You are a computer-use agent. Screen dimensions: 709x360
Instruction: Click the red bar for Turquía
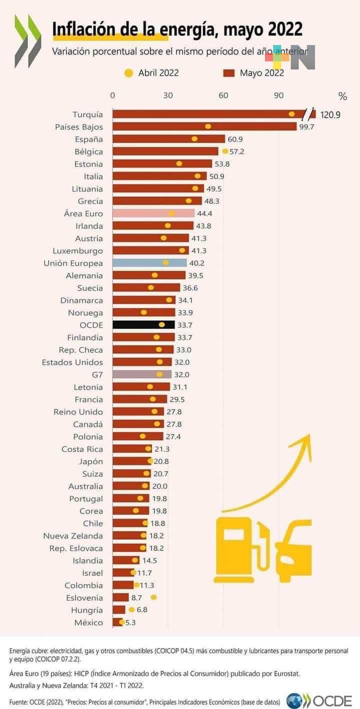point(205,114)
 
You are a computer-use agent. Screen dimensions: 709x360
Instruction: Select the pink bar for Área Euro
point(153,213)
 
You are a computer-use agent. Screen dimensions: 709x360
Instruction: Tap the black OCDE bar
point(143,325)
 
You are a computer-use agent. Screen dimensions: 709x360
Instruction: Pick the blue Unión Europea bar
point(149,263)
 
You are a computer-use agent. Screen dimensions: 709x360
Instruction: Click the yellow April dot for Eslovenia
point(153,597)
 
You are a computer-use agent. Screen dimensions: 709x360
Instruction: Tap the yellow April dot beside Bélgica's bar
point(225,151)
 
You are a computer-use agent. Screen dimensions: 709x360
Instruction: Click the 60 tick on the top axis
point(223,96)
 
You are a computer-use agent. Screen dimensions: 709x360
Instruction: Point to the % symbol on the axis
point(342,96)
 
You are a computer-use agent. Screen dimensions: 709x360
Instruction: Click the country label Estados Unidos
point(72,362)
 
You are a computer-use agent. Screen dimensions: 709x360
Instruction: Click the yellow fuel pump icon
point(235,550)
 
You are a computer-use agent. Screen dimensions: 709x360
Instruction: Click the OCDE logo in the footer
point(319,700)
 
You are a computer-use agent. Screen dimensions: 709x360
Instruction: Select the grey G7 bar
point(142,374)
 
